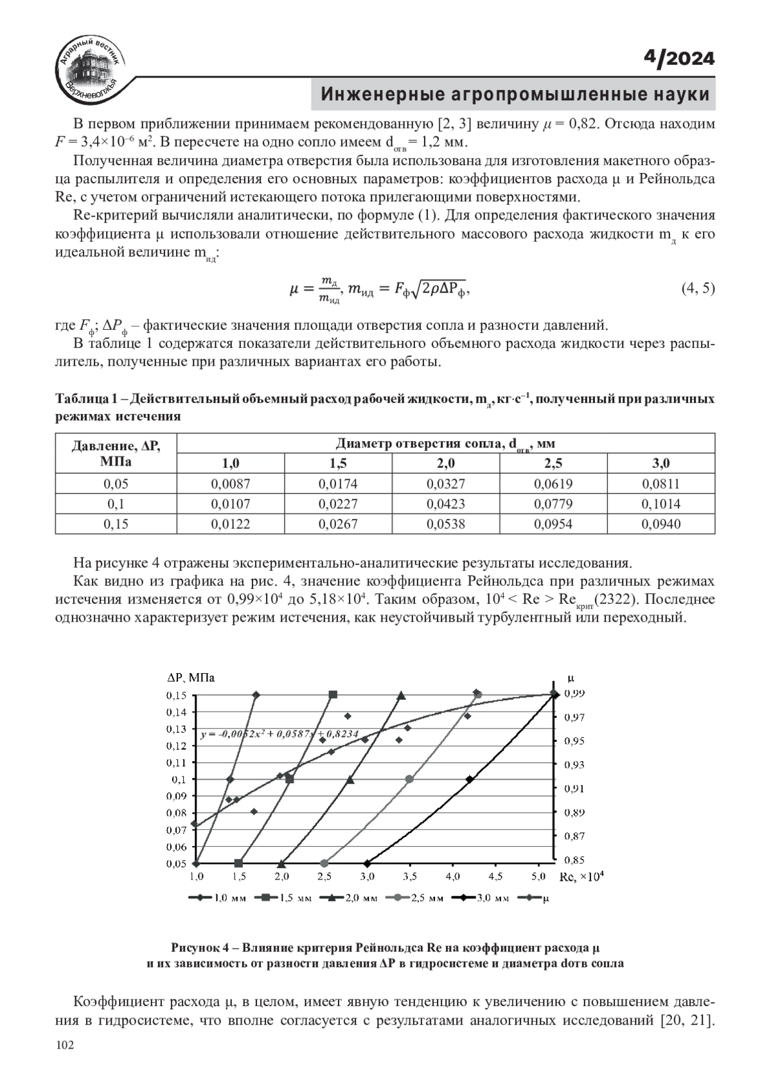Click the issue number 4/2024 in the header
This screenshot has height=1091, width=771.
[x=679, y=59]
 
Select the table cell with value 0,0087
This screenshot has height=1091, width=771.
[x=230, y=484]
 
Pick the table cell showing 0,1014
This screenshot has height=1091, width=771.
[x=660, y=504]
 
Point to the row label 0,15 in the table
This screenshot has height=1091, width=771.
[x=116, y=524]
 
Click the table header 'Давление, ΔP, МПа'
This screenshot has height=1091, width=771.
[x=116, y=453]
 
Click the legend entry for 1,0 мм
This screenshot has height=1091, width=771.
[x=218, y=898]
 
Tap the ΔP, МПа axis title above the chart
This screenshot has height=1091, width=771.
[x=191, y=678]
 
